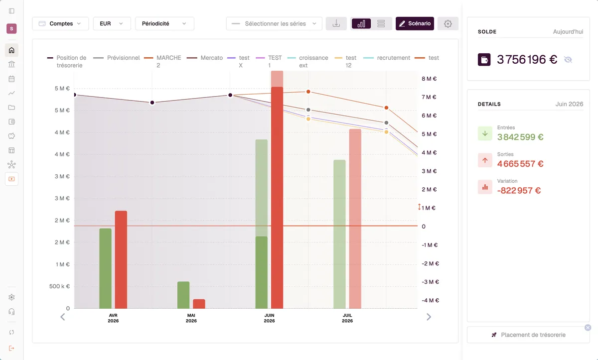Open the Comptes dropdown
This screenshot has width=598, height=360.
coord(60,23)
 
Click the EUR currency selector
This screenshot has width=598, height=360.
coord(112,23)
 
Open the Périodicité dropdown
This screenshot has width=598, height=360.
coord(164,23)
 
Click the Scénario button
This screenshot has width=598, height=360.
coord(415,23)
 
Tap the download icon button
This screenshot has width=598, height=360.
coord(336,23)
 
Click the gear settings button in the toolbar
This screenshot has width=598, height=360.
coord(448,23)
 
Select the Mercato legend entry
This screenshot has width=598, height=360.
coord(205,58)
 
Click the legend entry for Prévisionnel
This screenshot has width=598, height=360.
coord(117,58)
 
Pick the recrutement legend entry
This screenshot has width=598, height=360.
coord(387,58)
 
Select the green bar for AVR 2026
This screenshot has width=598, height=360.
coord(106,268)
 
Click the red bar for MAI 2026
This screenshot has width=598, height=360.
coord(199,304)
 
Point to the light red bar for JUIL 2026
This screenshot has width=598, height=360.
coord(355,219)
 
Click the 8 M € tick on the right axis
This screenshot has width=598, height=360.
coord(429,79)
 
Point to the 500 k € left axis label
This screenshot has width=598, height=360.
coord(59,286)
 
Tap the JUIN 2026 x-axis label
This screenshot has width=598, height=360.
coord(269,318)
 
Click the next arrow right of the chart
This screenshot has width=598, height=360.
coord(429,317)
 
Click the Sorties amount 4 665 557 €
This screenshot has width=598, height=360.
coord(520,164)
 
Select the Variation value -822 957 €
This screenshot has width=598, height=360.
coord(519,190)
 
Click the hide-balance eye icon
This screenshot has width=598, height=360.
coord(568,59)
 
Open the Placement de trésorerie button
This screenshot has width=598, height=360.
coord(528,335)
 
